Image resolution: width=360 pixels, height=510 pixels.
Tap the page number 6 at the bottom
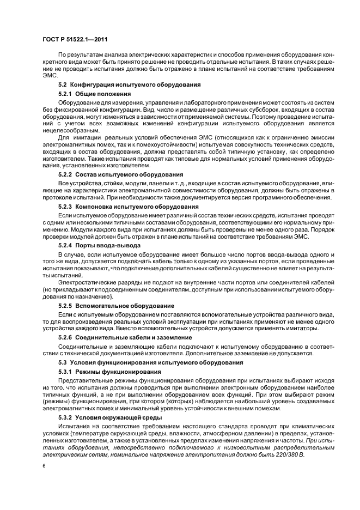coord(44,466)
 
